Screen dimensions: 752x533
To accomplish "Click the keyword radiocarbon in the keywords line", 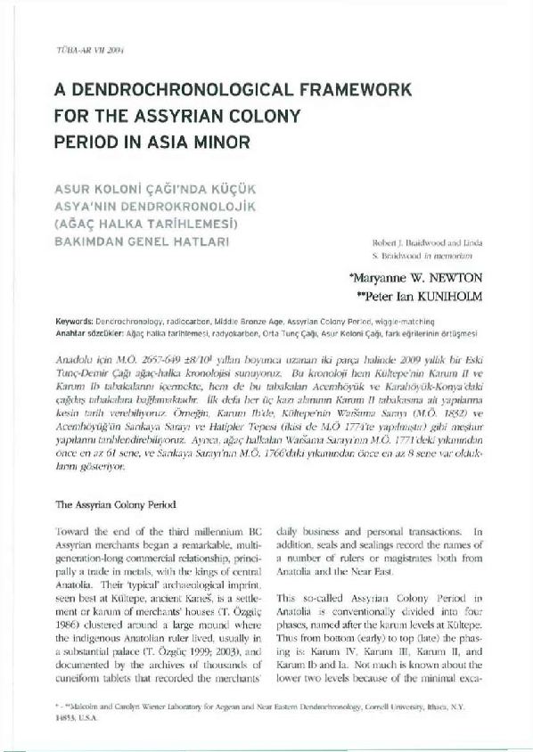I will pos(197,318).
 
